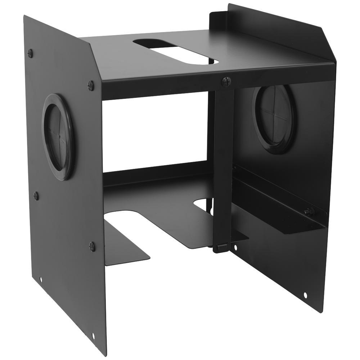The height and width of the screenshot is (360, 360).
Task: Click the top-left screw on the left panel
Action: [30, 53]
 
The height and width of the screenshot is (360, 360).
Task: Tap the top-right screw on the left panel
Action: [91, 85]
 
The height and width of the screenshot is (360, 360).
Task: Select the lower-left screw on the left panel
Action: [36, 196]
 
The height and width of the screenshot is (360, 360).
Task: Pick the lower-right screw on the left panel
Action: [92, 246]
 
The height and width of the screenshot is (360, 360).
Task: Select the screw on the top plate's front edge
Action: [226, 81]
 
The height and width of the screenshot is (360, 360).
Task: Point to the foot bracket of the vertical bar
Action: [220, 248]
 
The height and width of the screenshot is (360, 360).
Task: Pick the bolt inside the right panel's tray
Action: [308, 212]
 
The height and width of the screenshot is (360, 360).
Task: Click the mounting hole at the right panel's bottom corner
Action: [305, 295]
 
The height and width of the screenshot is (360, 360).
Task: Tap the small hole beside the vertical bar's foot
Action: [235, 248]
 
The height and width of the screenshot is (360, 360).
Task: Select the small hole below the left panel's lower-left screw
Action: [41, 279]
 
